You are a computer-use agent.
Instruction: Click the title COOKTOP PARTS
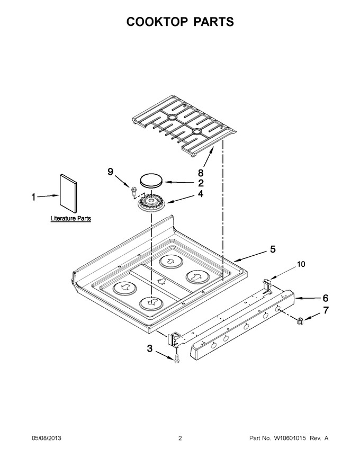[x=180, y=22]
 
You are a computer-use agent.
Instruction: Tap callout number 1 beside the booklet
[x=34, y=197]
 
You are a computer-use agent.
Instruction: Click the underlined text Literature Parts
[x=71, y=218]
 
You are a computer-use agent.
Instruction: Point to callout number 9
[x=111, y=172]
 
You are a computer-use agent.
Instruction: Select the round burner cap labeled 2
[x=151, y=181]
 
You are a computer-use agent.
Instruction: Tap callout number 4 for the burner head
[x=201, y=194]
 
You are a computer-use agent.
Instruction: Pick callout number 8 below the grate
[x=201, y=173]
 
